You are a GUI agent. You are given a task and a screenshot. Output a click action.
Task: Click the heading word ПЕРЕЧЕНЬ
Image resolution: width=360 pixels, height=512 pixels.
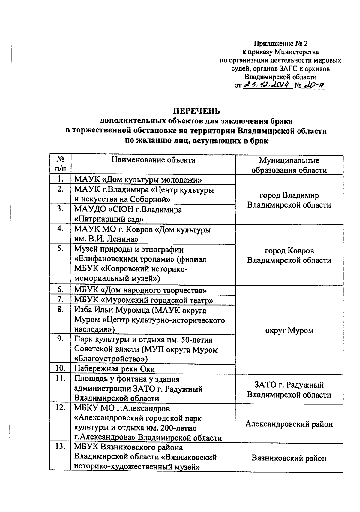point(198,111)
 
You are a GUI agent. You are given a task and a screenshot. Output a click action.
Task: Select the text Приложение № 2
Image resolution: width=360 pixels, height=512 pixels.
point(281,44)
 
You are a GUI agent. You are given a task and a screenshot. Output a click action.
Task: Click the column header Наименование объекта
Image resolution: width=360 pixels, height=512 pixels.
point(153,160)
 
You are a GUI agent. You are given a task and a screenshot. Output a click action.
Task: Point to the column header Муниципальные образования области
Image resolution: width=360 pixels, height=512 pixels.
point(289,165)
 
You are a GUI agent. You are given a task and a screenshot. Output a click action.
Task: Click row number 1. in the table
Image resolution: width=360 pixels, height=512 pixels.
point(61,179)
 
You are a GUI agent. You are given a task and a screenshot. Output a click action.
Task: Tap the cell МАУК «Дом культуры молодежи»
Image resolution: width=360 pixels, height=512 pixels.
point(138,180)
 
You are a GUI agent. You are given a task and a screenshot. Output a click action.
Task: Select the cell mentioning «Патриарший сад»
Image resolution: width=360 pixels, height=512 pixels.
point(128,214)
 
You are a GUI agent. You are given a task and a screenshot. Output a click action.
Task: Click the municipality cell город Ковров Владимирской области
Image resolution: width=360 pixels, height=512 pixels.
point(289,255)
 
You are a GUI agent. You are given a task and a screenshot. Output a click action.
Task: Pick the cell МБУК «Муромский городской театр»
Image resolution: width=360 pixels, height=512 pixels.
point(144,300)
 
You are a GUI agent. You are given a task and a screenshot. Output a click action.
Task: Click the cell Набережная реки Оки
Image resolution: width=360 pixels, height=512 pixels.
point(119,368)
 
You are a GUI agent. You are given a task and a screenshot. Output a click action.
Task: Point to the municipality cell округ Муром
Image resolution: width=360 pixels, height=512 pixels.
point(289,330)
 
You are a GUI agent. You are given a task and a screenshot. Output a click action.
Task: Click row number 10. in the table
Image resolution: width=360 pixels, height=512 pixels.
point(61,368)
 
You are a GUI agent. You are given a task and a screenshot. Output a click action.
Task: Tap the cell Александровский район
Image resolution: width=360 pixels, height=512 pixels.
point(289,424)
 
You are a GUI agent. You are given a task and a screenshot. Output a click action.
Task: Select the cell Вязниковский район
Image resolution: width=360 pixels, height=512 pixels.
point(289,458)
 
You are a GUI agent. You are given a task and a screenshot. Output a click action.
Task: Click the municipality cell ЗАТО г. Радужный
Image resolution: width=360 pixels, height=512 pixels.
point(289,389)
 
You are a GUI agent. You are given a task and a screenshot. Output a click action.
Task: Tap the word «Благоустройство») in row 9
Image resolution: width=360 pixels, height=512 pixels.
point(111,359)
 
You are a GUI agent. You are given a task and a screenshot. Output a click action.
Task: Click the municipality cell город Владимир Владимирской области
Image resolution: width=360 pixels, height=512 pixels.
point(289,200)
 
